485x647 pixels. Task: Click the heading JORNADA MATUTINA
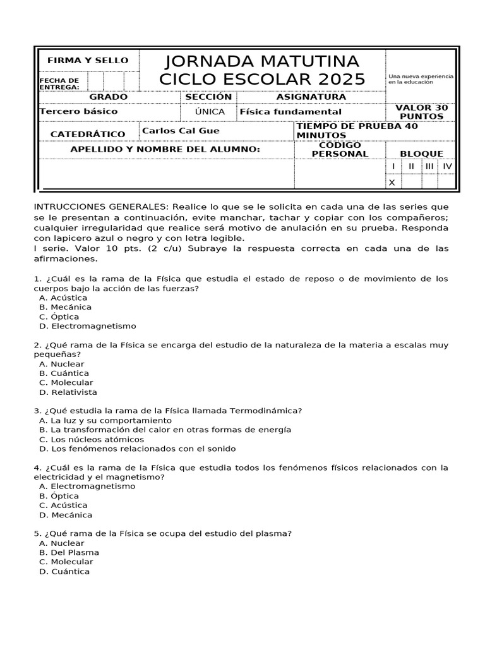click(262, 61)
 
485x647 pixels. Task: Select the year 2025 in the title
click(342, 80)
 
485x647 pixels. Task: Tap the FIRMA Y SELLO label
click(88, 61)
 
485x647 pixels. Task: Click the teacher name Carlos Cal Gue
click(181, 131)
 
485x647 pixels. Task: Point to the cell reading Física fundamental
click(290, 112)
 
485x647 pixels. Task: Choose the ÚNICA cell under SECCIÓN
click(208, 111)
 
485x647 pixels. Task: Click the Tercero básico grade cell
click(79, 111)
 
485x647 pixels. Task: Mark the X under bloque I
click(392, 183)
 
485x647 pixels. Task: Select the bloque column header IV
click(447, 166)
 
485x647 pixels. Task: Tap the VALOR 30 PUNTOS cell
click(421, 112)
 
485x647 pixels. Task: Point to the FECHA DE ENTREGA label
click(59, 83)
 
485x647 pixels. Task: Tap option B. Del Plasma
click(69, 552)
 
